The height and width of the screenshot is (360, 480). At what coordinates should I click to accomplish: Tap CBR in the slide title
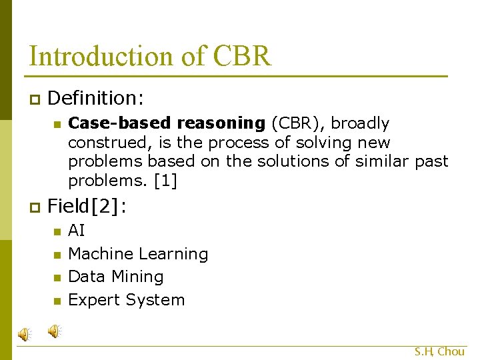click(243, 57)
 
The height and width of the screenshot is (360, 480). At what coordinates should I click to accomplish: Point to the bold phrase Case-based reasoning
click(167, 123)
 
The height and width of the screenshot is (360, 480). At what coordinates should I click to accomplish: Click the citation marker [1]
click(167, 181)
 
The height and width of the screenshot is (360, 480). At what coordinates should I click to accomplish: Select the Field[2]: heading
click(87, 207)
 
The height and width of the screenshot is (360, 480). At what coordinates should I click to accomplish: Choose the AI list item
click(77, 231)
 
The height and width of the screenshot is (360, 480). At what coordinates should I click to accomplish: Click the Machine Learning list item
click(138, 254)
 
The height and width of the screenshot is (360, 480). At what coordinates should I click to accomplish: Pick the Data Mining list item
click(115, 277)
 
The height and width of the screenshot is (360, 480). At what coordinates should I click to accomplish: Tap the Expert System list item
click(126, 300)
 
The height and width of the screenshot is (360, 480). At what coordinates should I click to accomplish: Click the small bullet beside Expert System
click(57, 301)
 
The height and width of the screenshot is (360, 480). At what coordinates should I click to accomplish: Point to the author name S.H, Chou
click(439, 351)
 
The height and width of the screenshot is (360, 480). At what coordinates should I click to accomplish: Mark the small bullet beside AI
click(57, 231)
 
